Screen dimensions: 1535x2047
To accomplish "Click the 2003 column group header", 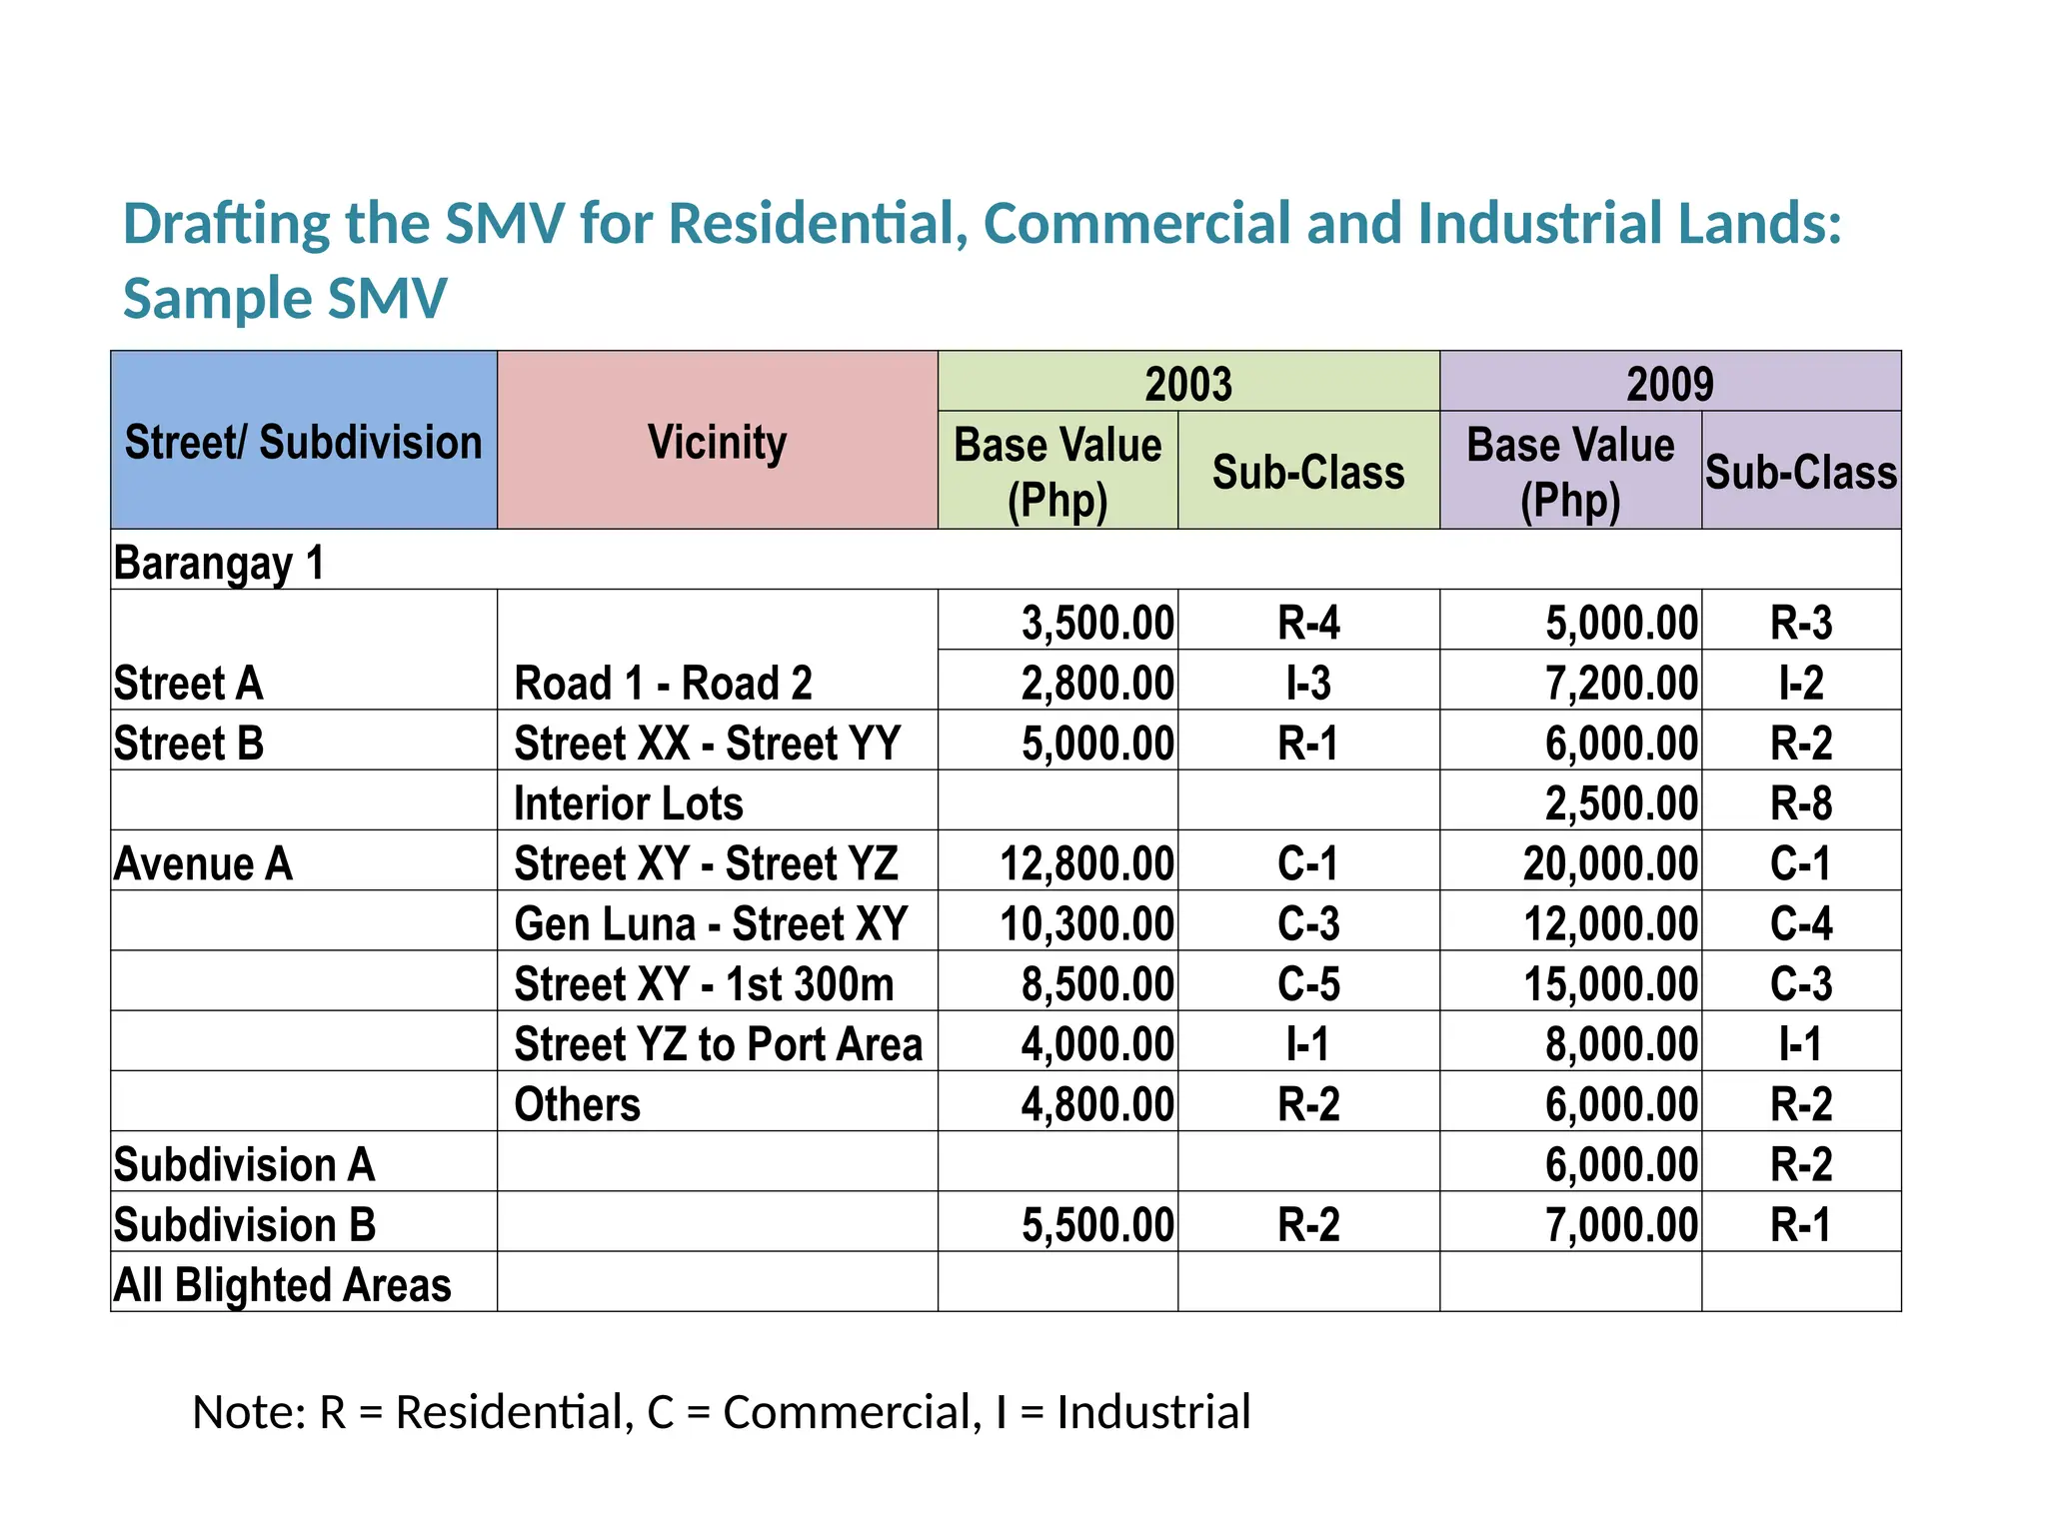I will tap(1187, 384).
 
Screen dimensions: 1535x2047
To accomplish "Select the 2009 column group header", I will tap(1669, 384).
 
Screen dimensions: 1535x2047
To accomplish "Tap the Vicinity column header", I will tap(717, 442).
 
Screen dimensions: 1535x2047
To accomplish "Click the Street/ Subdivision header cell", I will tap(303, 442).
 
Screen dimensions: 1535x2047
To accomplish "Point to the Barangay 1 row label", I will tap(219, 563).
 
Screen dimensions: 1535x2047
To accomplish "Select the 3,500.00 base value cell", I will tap(1096, 623).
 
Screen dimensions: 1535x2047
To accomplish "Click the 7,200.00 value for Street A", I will tap(1620, 684).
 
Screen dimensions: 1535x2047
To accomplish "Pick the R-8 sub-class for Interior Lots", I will tap(1800, 803).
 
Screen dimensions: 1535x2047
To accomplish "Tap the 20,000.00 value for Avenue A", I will tap(1609, 863).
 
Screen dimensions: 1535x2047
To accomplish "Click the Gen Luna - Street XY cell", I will tap(710, 923).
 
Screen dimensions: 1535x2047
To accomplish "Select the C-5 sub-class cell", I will tap(1307, 984).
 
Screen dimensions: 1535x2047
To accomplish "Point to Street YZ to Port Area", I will tap(718, 1044).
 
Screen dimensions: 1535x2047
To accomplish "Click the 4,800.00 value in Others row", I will tap(1096, 1104).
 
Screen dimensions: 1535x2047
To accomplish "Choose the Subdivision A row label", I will tap(244, 1164).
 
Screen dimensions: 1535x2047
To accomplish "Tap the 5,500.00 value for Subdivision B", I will tap(1096, 1225).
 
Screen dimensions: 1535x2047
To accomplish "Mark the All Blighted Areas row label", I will tap(282, 1285).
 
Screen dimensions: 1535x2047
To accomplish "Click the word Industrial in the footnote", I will tap(1152, 1412).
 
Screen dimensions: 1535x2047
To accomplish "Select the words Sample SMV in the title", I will tap(285, 298).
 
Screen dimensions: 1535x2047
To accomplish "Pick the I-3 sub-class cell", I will tap(1307, 684).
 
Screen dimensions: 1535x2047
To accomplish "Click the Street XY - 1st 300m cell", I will tap(704, 984).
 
